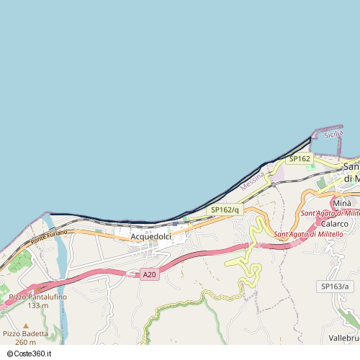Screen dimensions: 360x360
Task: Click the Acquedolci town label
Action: click(150, 236)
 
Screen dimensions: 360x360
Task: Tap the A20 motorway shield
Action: click(149, 274)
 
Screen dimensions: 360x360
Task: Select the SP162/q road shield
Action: click(224, 210)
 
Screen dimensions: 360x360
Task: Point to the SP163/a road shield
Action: click(334, 287)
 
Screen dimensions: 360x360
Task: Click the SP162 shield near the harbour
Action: click(300, 158)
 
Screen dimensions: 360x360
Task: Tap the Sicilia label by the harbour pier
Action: click(333, 134)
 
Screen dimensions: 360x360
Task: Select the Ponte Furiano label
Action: click(49, 235)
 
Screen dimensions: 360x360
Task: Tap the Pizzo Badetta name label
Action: click(25, 333)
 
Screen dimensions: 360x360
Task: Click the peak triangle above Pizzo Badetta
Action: click(26, 325)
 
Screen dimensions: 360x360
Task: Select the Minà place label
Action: click(342, 204)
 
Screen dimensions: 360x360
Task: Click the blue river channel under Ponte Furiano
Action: click(60, 259)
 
